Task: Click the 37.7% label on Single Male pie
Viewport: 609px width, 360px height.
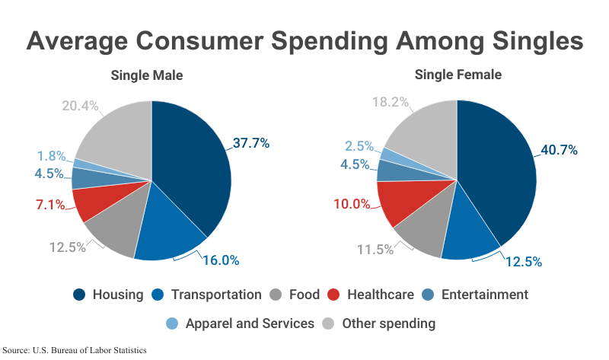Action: click(251, 143)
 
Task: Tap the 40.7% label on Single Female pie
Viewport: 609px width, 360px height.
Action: click(559, 150)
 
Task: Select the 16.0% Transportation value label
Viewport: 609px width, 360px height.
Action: click(221, 260)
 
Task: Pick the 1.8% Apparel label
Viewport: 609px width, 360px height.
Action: click(52, 156)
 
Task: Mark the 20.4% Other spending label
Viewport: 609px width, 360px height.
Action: click(80, 106)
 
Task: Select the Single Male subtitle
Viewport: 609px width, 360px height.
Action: click(147, 75)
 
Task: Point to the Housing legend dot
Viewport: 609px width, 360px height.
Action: click(79, 295)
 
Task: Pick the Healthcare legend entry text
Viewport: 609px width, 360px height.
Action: click(381, 295)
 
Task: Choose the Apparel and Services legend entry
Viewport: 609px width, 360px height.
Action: click(251, 323)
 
